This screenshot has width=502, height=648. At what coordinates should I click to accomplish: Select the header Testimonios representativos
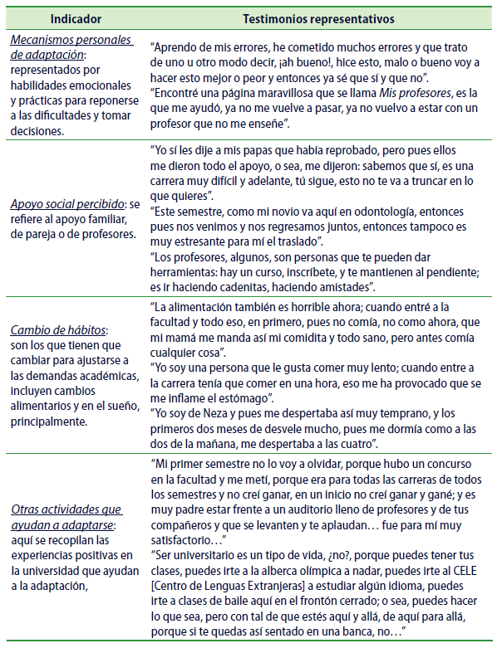318,17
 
